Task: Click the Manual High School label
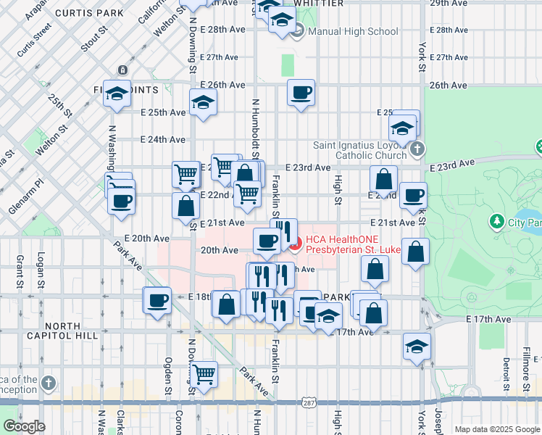pos(353,31)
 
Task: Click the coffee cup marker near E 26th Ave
pos(301,93)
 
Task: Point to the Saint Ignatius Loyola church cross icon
pos(417,150)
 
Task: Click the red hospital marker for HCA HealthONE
pos(296,244)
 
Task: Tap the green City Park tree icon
pos(497,220)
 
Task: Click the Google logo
pos(24,426)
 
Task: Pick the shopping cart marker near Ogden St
pos(204,375)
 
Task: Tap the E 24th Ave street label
pos(163,139)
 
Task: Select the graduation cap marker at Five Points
pos(116,94)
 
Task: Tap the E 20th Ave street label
pos(151,238)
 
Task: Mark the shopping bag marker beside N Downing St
pos(186,205)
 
